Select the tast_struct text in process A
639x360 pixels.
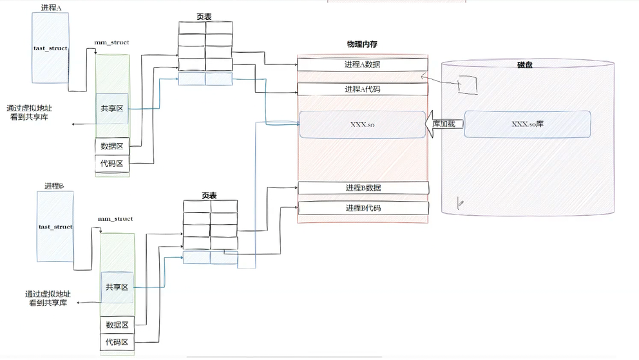click(x=51, y=48)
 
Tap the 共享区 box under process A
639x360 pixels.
click(x=112, y=109)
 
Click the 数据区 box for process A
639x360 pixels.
click(x=112, y=147)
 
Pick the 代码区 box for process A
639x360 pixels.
click(x=112, y=164)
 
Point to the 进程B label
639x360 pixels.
click(x=55, y=185)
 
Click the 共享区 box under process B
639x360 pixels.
click(x=117, y=287)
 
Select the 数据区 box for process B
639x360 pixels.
click(x=117, y=325)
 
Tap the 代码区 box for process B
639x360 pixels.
click(x=117, y=343)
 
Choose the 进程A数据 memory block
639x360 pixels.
click(x=363, y=64)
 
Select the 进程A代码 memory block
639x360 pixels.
click(x=363, y=89)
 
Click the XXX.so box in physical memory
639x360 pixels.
click(x=363, y=124)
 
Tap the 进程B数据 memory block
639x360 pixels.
click(x=363, y=188)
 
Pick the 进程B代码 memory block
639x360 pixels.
click(x=363, y=208)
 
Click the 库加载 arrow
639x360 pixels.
click(x=443, y=124)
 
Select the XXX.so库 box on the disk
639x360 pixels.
click(x=527, y=124)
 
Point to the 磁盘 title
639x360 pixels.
click(x=525, y=65)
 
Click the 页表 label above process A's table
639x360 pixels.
click(x=205, y=17)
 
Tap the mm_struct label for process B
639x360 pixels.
click(x=115, y=219)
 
